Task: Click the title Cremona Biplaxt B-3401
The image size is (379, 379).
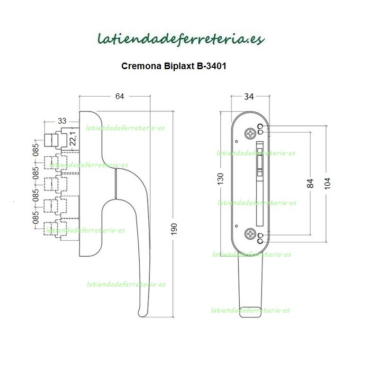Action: (174, 67)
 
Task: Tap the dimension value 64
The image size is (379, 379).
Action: (119, 97)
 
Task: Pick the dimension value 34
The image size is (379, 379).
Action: (249, 97)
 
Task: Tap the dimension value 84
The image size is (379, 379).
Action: (311, 183)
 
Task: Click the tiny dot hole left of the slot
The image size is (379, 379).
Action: (236, 141)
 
